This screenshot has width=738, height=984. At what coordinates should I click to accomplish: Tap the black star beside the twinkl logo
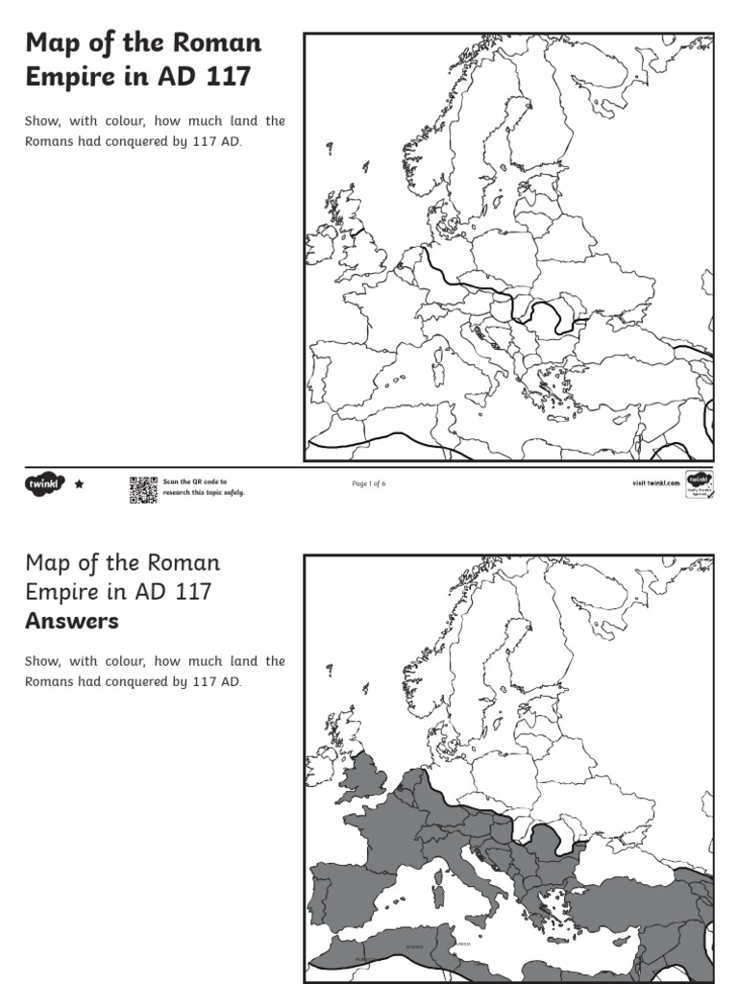point(80,484)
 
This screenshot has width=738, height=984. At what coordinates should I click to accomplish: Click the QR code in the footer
point(143,489)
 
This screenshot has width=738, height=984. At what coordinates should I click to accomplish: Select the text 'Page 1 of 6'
point(369,484)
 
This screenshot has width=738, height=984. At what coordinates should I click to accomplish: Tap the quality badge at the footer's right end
point(699,484)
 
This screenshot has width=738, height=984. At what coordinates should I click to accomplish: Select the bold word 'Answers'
point(72,621)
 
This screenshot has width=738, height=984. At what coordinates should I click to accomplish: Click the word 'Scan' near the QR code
point(170,480)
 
